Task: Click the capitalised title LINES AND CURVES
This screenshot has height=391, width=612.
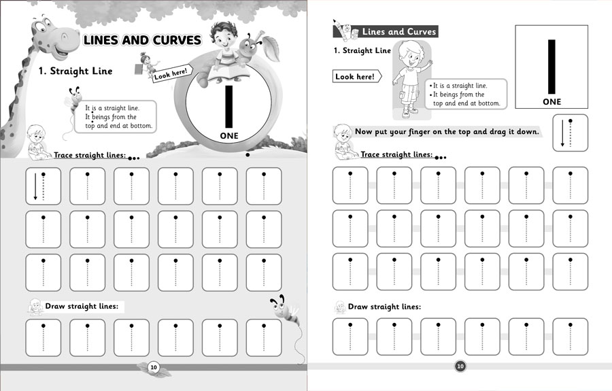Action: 141,41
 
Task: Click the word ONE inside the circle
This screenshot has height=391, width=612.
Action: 229,136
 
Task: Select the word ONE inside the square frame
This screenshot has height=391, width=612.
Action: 552,102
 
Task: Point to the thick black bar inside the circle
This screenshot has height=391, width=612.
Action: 229,106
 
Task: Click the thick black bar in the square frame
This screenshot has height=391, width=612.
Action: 552,65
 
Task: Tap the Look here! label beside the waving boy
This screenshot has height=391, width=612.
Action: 354,77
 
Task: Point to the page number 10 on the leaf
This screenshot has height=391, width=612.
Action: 154,367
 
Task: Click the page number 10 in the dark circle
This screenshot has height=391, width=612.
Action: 460,367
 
